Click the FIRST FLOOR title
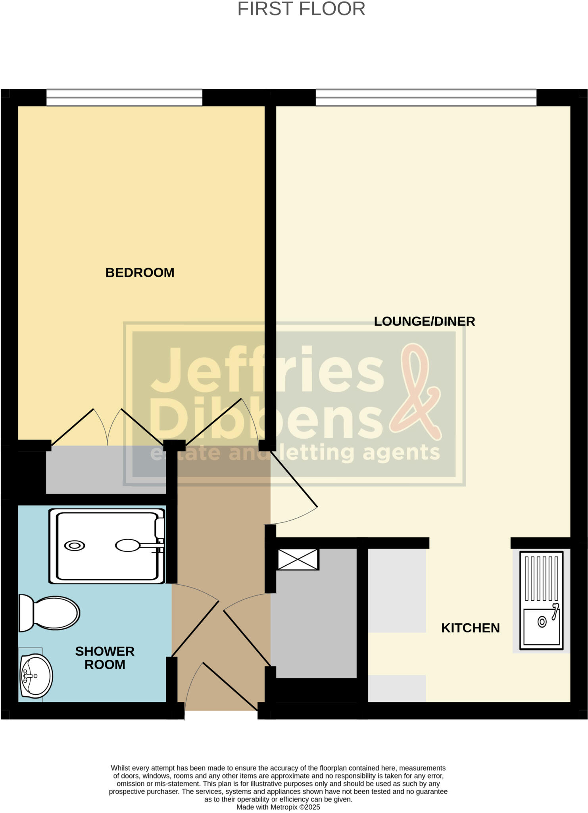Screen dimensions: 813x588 [x=301, y=9]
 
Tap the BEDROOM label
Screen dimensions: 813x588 [x=140, y=273]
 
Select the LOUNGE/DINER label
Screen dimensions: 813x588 [x=424, y=321]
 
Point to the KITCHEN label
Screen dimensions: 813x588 [x=470, y=628]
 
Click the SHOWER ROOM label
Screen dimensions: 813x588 [x=105, y=658]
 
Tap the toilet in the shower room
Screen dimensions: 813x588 [x=50, y=613]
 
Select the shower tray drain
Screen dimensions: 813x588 [x=75, y=546]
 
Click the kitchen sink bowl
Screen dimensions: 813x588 [x=542, y=626]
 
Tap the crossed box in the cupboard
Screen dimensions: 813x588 [x=298, y=559]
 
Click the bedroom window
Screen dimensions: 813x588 [x=124, y=98]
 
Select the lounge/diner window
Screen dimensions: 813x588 [x=426, y=98]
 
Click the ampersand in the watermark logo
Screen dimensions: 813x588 [x=416, y=393]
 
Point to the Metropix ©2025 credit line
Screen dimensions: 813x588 [x=278, y=807]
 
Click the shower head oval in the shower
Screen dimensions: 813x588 [x=128, y=545]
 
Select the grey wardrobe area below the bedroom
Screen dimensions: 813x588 [x=106, y=470]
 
